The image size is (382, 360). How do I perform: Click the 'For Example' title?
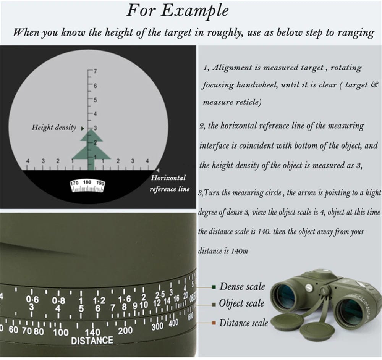(x=178, y=11)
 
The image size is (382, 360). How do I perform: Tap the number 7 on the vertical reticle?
(x=95, y=71)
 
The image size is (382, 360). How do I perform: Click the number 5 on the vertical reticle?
(x=95, y=100)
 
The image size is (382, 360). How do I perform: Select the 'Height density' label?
(x=54, y=127)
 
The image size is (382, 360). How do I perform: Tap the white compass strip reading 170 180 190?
(x=87, y=186)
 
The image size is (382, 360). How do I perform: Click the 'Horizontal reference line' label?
(x=169, y=183)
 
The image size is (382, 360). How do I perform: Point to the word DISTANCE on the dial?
(x=92, y=340)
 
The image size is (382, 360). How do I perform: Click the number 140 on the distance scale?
(x=92, y=332)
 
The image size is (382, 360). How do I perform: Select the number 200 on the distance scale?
(x=125, y=330)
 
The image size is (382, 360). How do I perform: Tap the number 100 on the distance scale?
(x=61, y=332)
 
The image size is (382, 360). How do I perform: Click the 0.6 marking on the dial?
(x=32, y=299)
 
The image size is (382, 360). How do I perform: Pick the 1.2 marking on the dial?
(x=99, y=301)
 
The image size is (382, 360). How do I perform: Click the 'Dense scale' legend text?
(x=242, y=286)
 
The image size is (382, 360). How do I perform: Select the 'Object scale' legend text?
(x=241, y=303)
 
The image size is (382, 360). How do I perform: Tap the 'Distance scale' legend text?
(x=244, y=323)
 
